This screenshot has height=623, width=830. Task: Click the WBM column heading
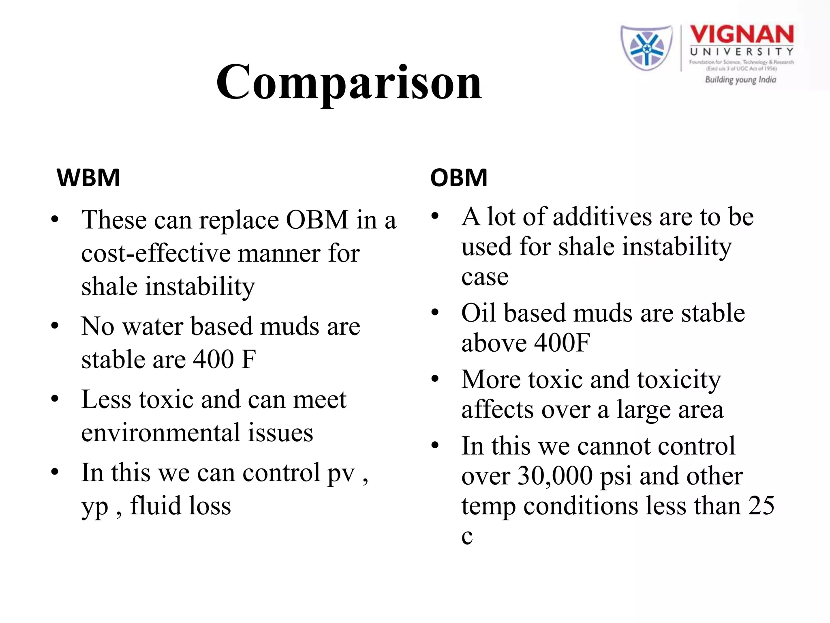(88, 178)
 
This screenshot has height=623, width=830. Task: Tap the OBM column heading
(458, 178)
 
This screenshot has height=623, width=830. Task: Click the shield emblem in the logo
(646, 47)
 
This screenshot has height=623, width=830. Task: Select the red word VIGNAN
(741, 34)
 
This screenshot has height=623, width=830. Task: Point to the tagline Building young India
(740, 79)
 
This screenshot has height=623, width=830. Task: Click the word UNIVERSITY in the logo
(741, 52)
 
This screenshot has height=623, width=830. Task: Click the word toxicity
(679, 380)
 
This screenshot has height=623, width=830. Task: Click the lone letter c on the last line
(467, 537)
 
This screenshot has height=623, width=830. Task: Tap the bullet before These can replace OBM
(55, 220)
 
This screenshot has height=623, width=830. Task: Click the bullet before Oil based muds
(435, 313)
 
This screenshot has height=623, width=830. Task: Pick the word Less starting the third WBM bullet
(106, 400)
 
